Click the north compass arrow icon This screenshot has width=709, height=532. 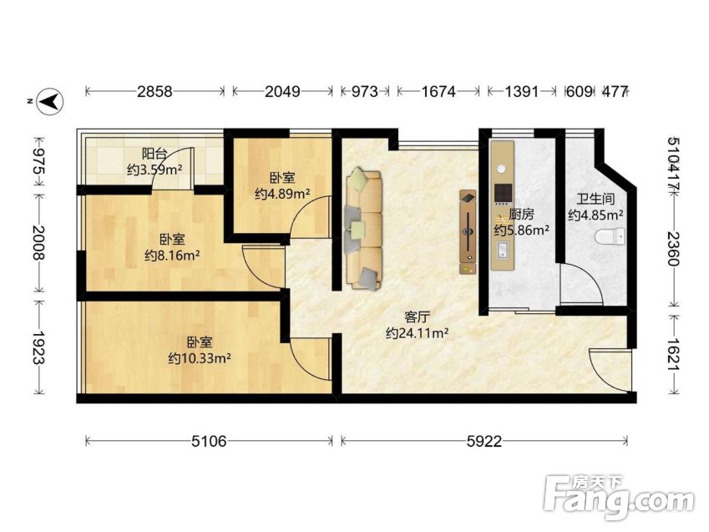50,101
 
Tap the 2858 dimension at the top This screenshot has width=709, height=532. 155,92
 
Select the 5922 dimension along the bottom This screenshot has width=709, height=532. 484,441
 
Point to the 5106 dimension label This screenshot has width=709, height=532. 209,441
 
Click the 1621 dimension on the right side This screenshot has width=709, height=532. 674,354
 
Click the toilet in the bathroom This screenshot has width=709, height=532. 610,237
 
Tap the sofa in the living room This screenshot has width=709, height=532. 364,230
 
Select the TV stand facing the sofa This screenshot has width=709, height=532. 468,231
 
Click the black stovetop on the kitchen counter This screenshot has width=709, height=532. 503,193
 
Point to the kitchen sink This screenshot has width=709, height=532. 503,250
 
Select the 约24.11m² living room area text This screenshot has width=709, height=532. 417,333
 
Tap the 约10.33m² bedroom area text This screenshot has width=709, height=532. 200,359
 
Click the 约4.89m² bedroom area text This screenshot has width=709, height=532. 282,194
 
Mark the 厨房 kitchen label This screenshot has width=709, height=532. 521,214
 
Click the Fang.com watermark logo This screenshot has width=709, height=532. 619,497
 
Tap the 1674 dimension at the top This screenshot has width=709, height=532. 438,92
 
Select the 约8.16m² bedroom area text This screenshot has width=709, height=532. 172,256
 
